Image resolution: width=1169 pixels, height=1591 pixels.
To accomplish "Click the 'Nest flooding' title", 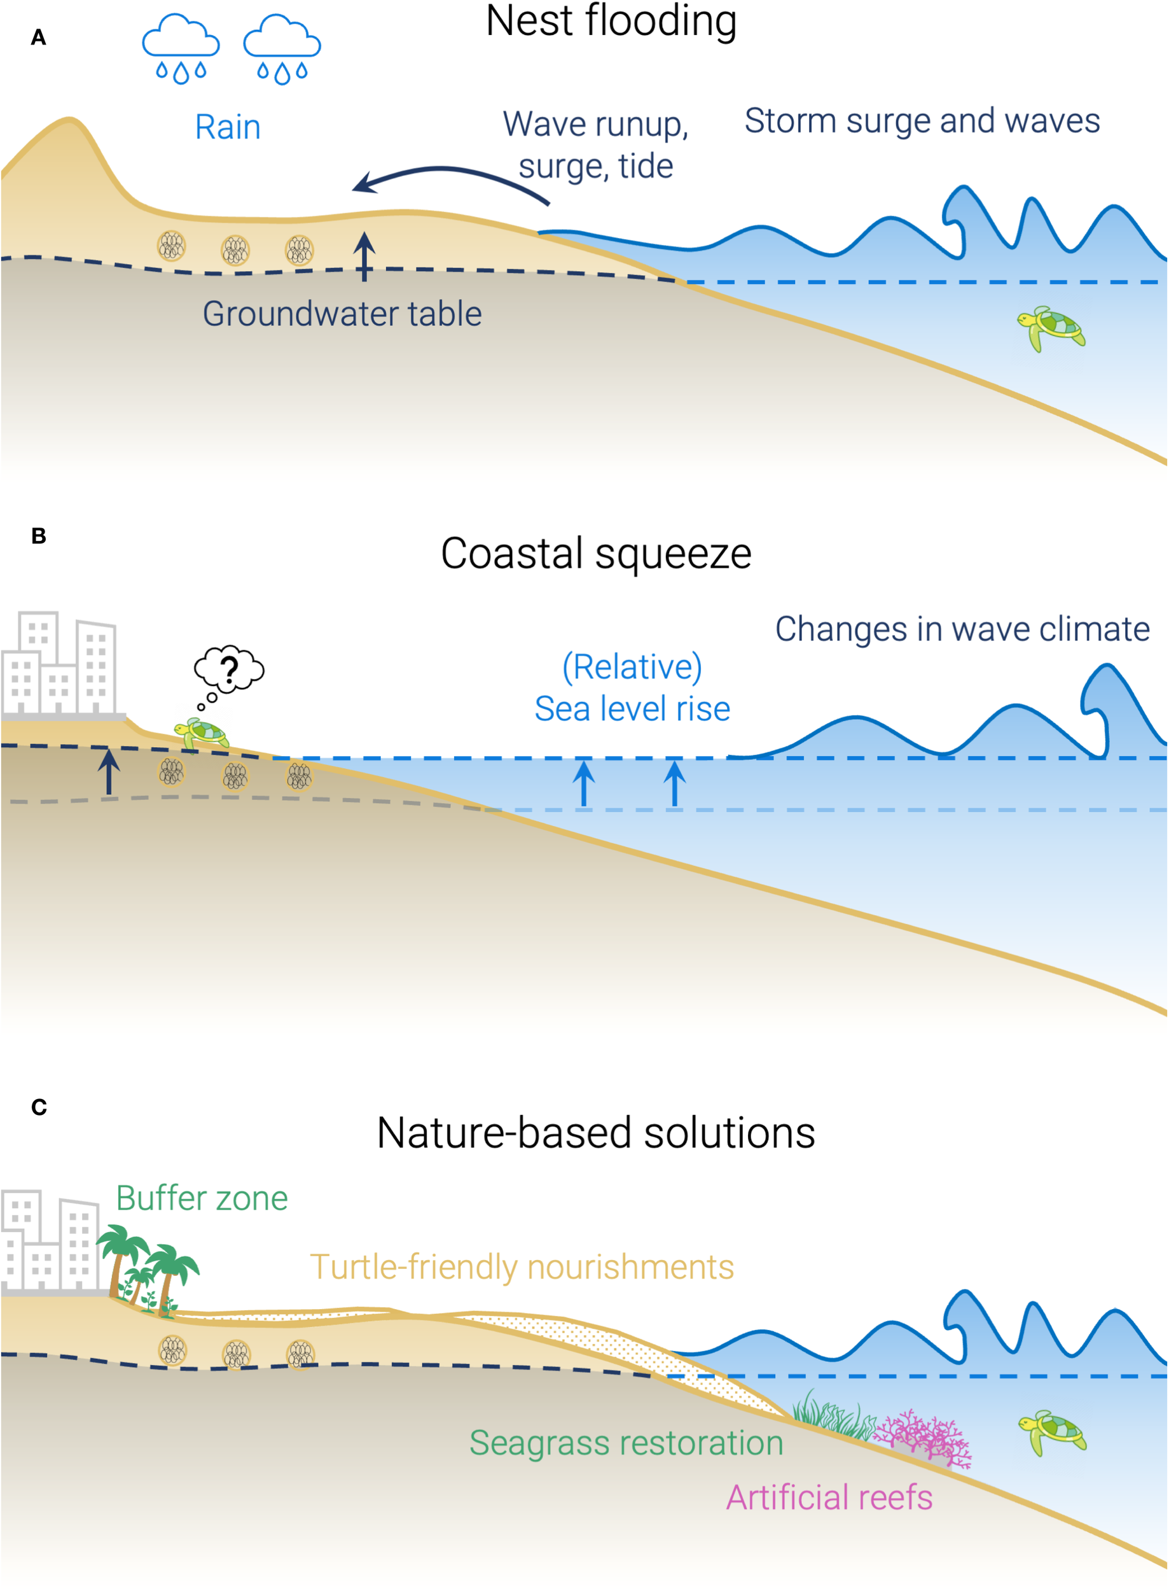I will (x=611, y=21).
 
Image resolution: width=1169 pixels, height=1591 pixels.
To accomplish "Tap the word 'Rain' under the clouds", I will (x=227, y=128).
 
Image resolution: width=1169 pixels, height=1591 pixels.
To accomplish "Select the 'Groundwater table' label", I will (x=342, y=314).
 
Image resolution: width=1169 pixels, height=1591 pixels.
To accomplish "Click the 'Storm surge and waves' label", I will (x=922, y=121).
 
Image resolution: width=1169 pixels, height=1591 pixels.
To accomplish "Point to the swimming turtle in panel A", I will (x=1051, y=327).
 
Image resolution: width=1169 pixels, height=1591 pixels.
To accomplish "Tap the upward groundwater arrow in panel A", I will (x=364, y=256).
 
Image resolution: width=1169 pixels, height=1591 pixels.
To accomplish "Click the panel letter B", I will (x=38, y=536).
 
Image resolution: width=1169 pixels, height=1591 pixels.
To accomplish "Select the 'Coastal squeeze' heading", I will (x=596, y=553).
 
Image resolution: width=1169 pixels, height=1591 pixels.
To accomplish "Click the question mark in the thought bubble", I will (x=228, y=669).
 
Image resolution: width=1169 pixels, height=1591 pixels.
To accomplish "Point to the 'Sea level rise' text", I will (x=632, y=709).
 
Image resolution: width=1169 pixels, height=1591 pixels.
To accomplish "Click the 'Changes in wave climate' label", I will (x=962, y=629).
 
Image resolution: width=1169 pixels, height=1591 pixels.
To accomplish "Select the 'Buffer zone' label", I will (x=202, y=1198).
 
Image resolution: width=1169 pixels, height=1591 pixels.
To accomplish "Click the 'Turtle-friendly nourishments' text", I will (x=522, y=1266).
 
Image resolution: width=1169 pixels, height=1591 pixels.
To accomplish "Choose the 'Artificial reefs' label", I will (x=829, y=1497).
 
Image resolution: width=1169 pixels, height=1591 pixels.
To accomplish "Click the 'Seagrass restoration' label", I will (x=626, y=1442).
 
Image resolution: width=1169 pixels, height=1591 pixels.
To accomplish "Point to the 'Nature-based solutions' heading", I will (x=596, y=1133).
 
